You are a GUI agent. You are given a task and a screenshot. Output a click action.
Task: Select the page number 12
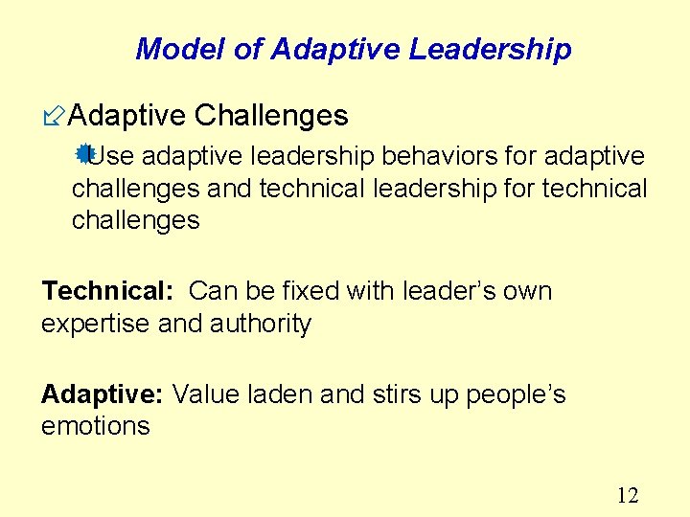click(x=628, y=495)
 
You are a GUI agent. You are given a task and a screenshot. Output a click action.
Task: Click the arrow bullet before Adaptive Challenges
click(x=54, y=117)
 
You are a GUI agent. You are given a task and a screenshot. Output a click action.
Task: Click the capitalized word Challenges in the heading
click(x=271, y=116)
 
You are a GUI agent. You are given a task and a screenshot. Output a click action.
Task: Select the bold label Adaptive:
click(x=103, y=393)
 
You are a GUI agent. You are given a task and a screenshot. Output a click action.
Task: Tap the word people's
click(x=516, y=393)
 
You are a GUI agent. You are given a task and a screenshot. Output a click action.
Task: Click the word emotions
click(x=96, y=426)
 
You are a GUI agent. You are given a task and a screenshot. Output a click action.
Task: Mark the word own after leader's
click(x=526, y=291)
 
